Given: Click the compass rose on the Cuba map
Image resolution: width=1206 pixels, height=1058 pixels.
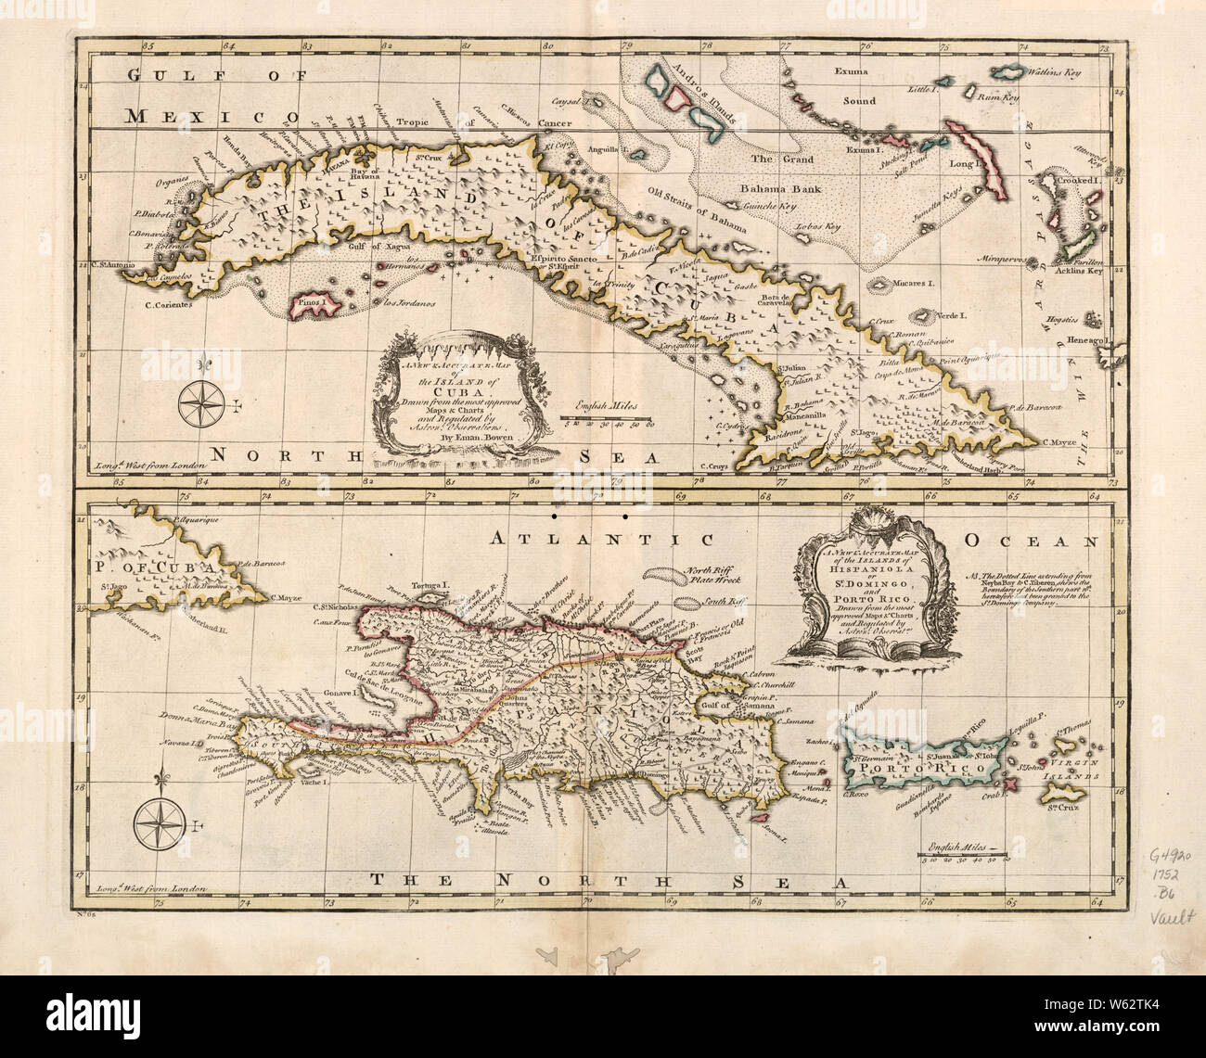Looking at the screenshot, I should [197, 402].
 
